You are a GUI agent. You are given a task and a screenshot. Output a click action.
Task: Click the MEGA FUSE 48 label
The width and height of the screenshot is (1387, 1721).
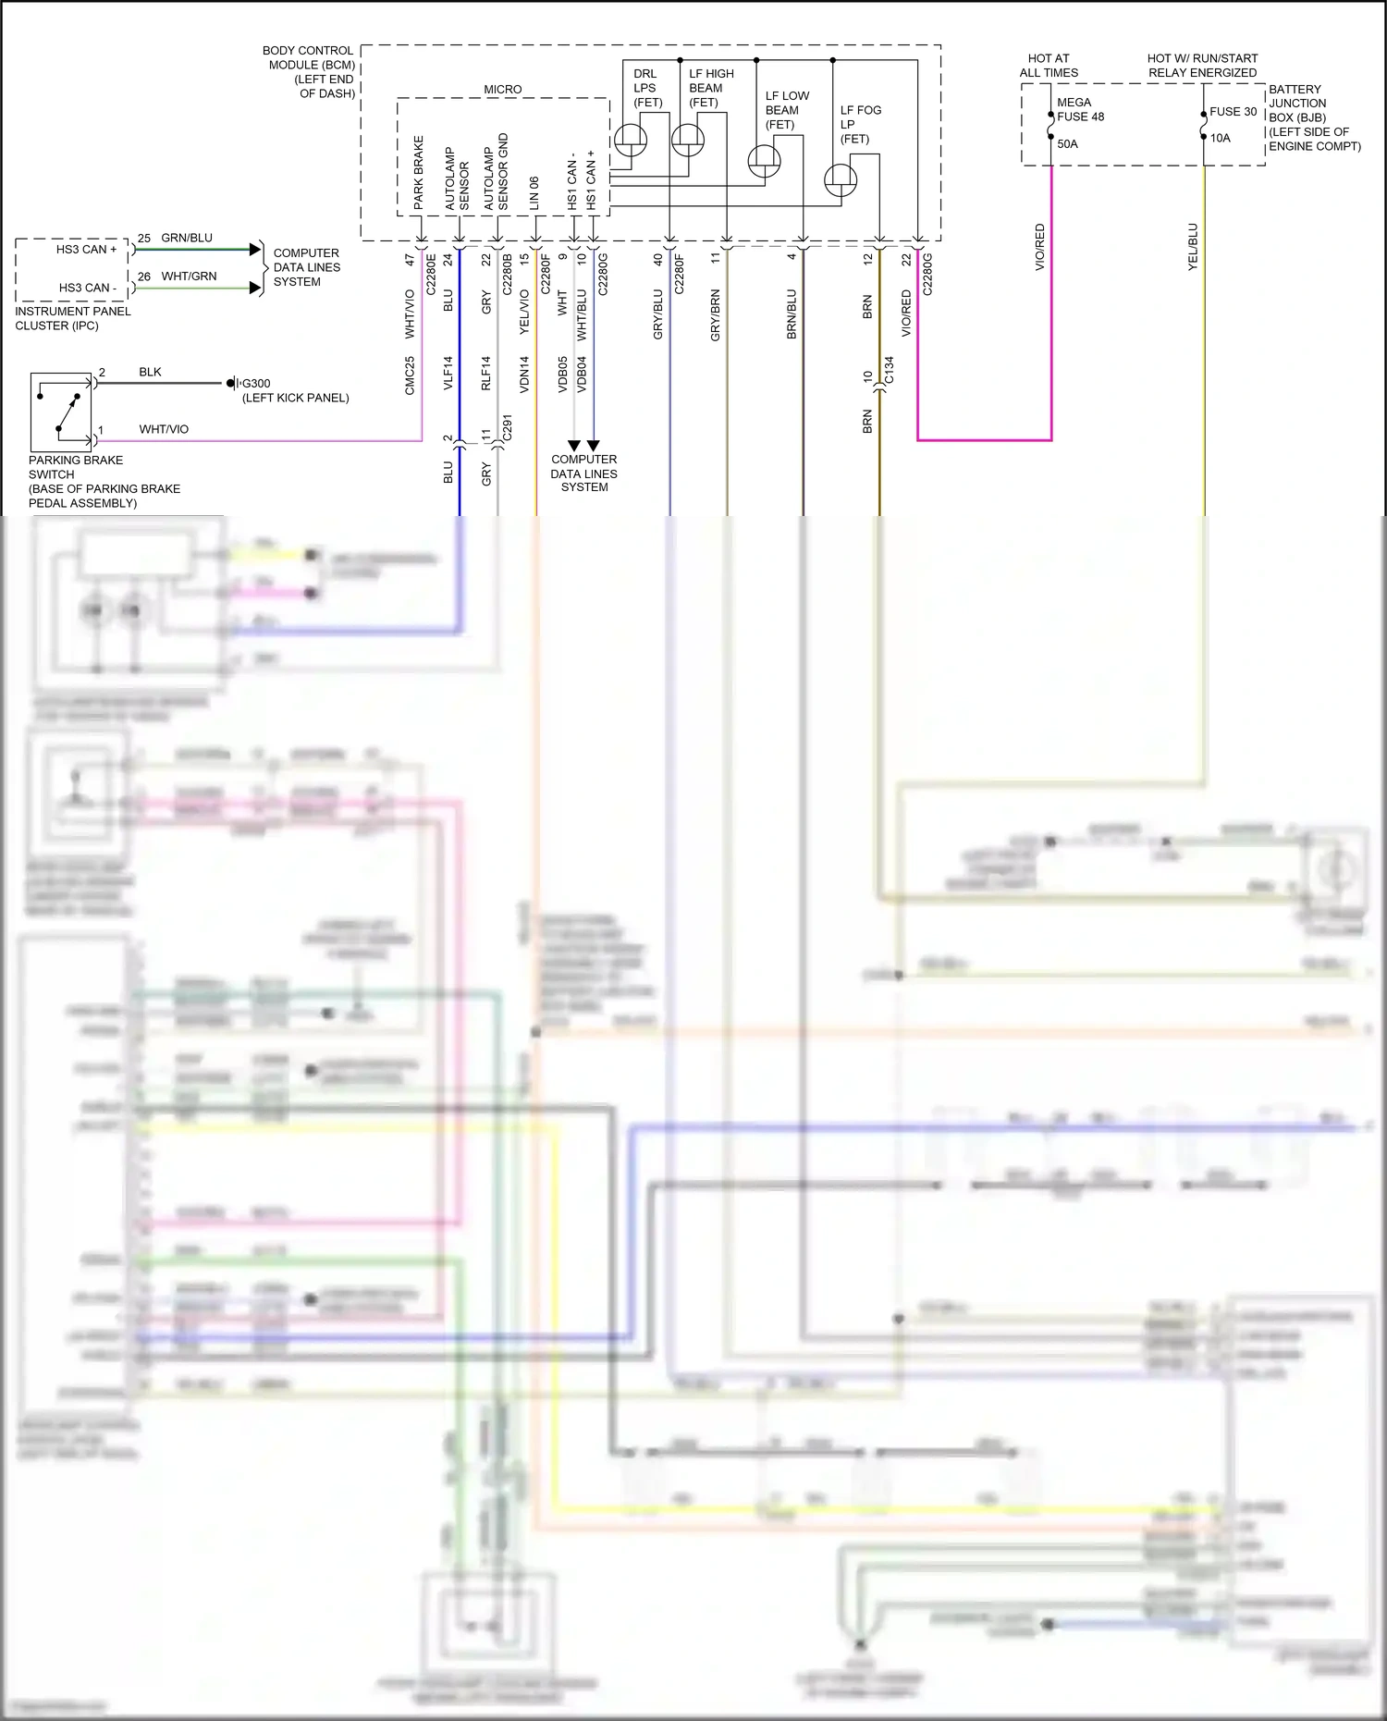coord(1080,110)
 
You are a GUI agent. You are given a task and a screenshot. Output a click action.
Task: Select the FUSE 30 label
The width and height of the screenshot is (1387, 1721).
coord(1233,112)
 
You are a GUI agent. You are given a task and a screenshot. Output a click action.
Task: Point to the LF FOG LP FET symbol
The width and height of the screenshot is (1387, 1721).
coord(840,179)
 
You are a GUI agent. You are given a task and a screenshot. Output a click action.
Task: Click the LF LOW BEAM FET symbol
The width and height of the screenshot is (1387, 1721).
coord(764,161)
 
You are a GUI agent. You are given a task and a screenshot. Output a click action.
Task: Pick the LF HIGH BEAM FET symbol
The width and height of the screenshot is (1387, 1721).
coord(687,141)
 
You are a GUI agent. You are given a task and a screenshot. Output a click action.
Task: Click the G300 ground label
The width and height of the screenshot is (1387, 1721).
coord(255,384)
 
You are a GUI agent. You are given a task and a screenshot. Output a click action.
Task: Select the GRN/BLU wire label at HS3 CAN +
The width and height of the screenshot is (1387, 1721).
coord(187,239)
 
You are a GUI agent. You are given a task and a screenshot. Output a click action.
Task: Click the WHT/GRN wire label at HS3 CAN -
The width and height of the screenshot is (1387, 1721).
coord(189,277)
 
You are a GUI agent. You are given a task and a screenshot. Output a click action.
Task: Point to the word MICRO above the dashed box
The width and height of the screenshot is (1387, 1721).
coord(503,90)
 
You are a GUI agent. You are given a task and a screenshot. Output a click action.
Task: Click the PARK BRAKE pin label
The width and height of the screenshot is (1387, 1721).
coord(419,172)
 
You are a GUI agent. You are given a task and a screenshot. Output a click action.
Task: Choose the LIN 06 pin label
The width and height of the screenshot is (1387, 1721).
coord(534,193)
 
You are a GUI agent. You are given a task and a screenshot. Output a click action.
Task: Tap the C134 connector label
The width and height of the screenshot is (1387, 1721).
coord(890,370)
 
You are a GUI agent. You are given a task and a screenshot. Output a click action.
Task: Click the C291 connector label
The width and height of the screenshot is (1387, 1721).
coord(507,427)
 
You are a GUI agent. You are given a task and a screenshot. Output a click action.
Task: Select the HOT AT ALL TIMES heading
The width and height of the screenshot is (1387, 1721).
coord(1049,66)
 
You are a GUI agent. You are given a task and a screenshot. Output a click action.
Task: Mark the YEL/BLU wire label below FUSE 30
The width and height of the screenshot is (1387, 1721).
coord(1193,247)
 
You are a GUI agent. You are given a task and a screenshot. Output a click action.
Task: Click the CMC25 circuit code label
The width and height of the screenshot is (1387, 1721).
coord(410,375)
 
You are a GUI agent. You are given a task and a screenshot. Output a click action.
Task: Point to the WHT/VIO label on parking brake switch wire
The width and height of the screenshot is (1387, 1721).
coord(164,430)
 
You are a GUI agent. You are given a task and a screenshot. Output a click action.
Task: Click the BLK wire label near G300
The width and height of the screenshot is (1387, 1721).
coord(150,373)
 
